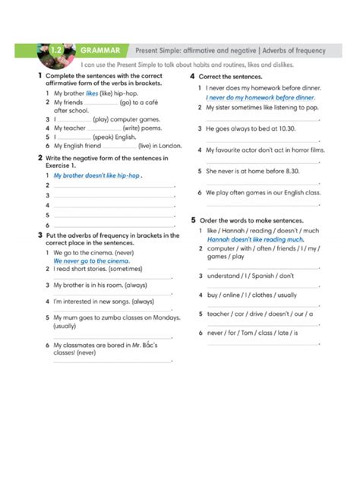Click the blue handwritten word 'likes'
pyautogui.click(x=92, y=93)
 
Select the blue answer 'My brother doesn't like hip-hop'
pyautogui.click(x=97, y=175)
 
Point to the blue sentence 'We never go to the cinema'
pyautogui.click(x=91, y=261)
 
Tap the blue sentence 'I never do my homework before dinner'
pyautogui.click(x=260, y=98)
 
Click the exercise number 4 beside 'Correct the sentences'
pyautogui.click(x=193, y=77)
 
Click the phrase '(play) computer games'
pyautogui.click(x=126, y=119)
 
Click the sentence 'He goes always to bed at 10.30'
pyautogui.click(x=251, y=129)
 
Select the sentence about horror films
pyautogui.click(x=265, y=150)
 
